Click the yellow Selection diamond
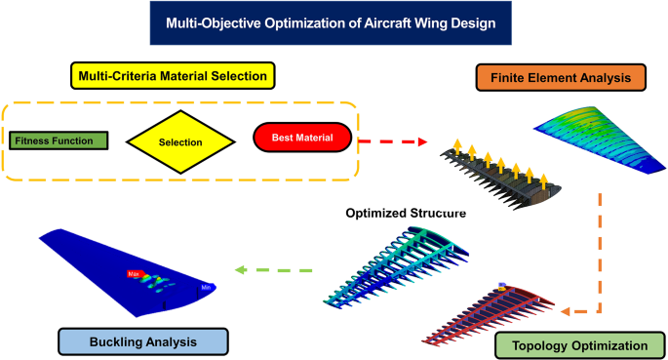[179, 141]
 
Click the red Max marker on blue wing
[134, 275]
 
